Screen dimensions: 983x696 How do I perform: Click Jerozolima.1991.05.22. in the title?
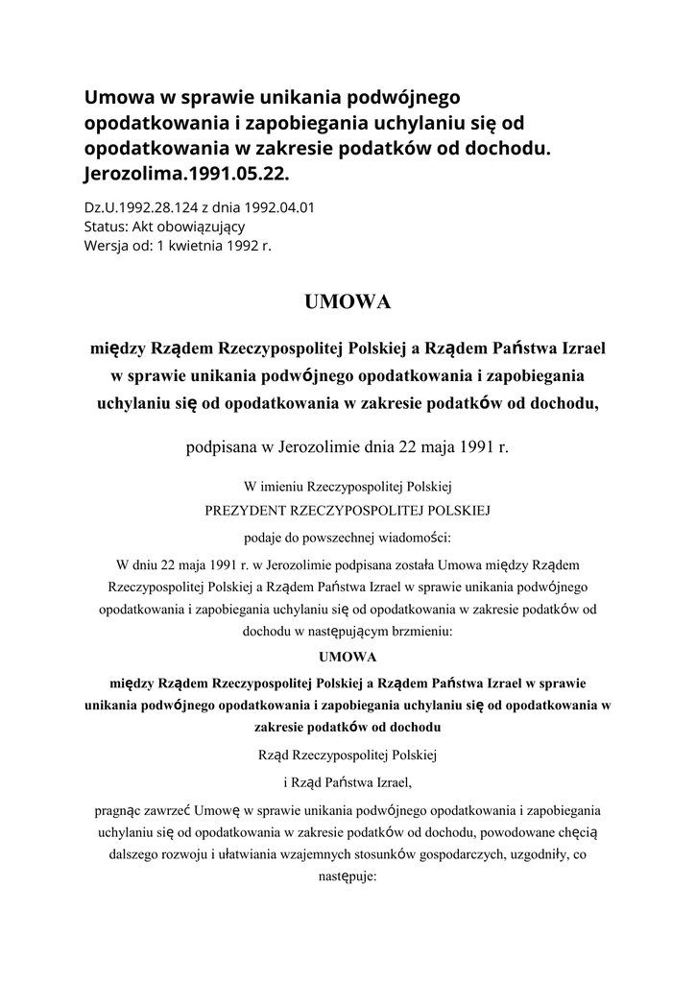pyautogui.click(x=185, y=176)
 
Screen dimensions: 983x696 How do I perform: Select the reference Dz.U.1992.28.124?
pyautogui.click(x=142, y=206)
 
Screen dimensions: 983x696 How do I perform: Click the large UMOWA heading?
pyautogui.click(x=348, y=302)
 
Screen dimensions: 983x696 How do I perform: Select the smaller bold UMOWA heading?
pyautogui.click(x=348, y=658)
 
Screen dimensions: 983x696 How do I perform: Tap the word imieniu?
pyautogui.click(x=295, y=487)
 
